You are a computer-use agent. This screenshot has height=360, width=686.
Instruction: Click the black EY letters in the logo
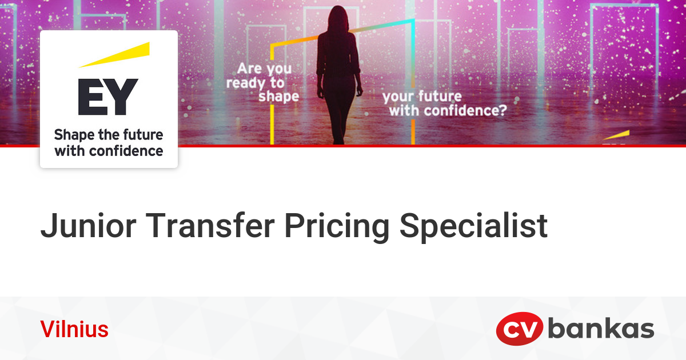[x=108, y=97]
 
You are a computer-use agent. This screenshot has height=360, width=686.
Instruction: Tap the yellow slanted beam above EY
[x=114, y=55]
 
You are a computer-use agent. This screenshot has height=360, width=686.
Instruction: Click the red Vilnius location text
[x=74, y=330]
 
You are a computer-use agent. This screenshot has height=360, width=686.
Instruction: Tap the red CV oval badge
[x=519, y=330]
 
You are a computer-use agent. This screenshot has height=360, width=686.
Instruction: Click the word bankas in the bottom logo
[x=601, y=329]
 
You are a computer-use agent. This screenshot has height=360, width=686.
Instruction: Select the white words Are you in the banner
[x=264, y=69]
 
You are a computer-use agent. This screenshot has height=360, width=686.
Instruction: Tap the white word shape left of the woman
[x=278, y=97]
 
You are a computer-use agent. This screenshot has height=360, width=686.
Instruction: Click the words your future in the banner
[x=422, y=95]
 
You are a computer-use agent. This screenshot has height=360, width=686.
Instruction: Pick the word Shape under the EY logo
[x=71, y=136]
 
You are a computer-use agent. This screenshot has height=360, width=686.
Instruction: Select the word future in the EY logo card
[x=143, y=135]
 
